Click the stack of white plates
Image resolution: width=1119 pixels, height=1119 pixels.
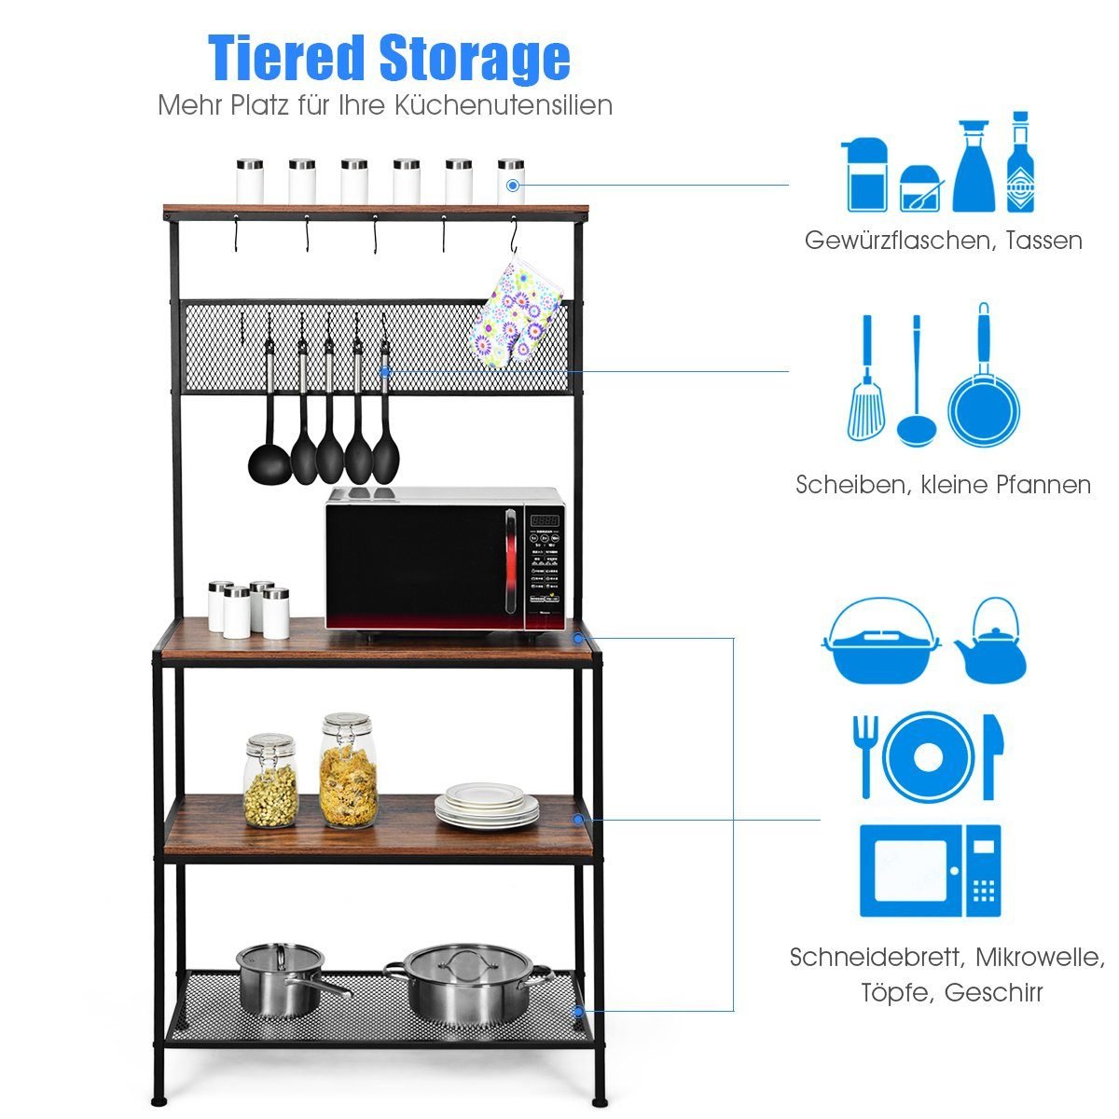(x=486, y=806)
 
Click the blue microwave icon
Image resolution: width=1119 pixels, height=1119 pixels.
(x=930, y=871)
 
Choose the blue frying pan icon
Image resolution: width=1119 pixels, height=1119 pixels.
(x=984, y=392)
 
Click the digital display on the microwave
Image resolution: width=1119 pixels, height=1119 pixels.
(x=546, y=520)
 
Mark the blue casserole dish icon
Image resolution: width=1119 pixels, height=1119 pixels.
(x=881, y=643)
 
